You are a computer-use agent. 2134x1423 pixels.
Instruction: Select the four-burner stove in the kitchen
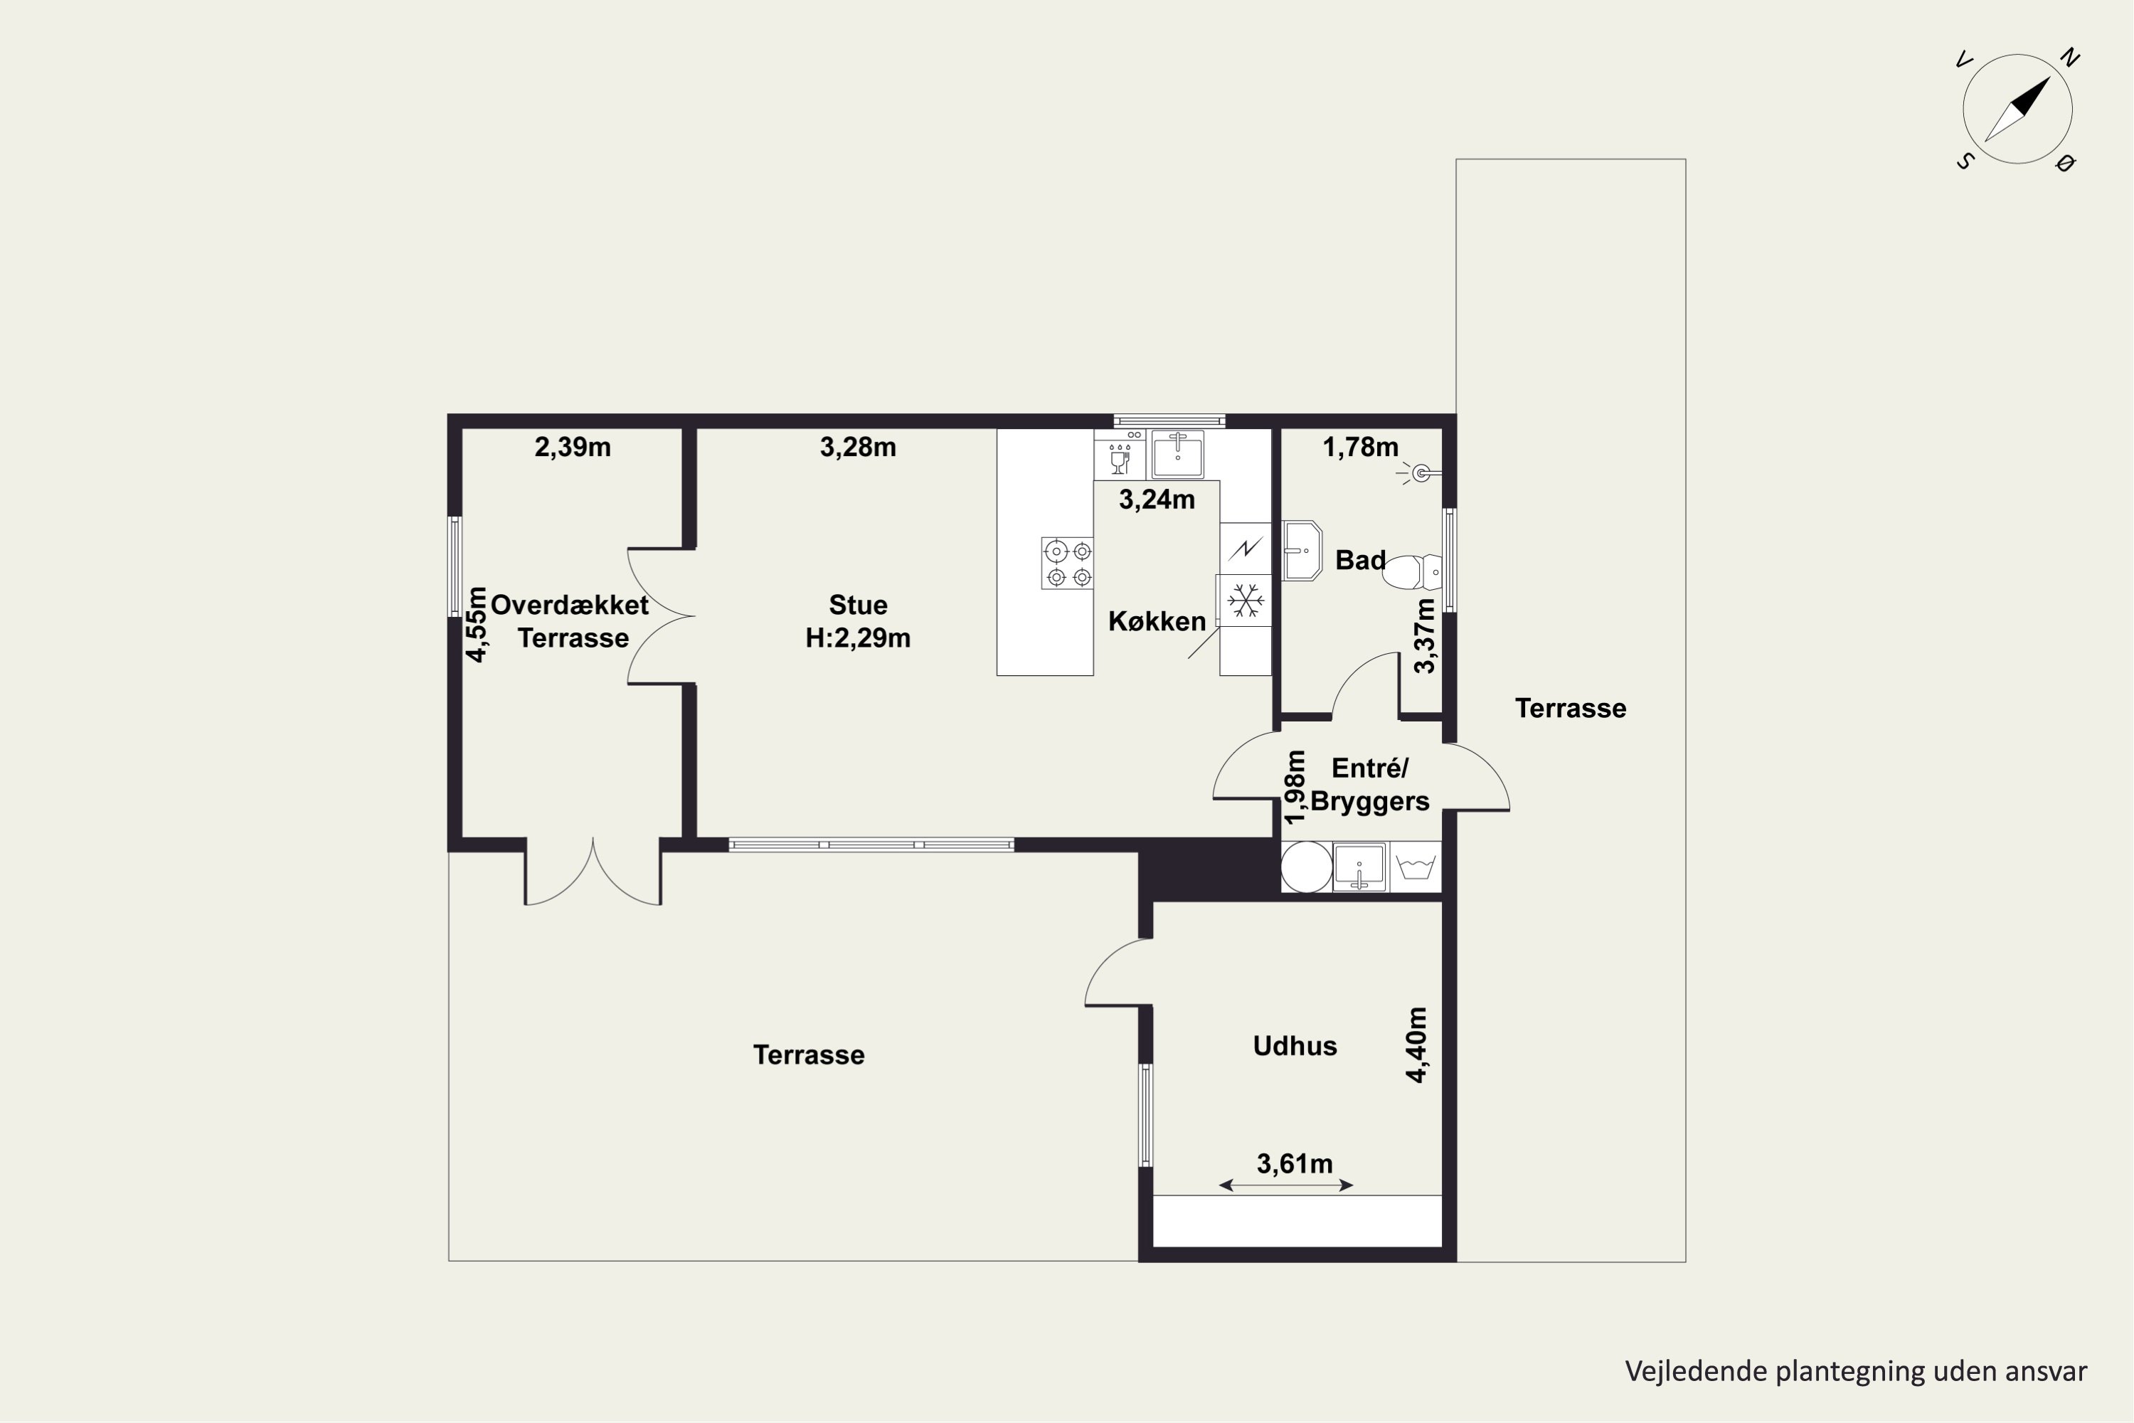[1067, 564]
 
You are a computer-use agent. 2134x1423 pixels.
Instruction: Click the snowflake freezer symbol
[1245, 600]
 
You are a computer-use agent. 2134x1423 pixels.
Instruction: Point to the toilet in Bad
[1413, 573]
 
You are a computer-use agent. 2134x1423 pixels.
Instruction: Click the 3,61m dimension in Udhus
[1294, 1163]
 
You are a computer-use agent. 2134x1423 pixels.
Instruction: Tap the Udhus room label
[1295, 1047]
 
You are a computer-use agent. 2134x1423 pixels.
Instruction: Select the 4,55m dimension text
[477, 625]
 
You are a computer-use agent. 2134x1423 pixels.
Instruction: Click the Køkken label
[1157, 622]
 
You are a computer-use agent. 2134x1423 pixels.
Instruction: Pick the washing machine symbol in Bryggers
[1416, 867]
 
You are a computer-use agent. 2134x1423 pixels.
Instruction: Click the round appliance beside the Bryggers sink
[1307, 867]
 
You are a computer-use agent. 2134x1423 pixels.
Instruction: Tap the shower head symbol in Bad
[1419, 473]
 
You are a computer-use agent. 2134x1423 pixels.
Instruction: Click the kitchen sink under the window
[1178, 455]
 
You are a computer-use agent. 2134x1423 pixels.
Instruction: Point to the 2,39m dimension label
[573, 448]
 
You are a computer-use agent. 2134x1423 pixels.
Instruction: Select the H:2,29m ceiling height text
[857, 639]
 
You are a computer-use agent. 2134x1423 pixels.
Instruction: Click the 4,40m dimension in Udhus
[1416, 1044]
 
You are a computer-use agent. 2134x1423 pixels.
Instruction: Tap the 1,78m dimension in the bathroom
[1360, 448]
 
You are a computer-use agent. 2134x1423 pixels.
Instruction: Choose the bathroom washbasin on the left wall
[1301, 551]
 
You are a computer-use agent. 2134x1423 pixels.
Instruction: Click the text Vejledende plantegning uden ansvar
[1855, 1371]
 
